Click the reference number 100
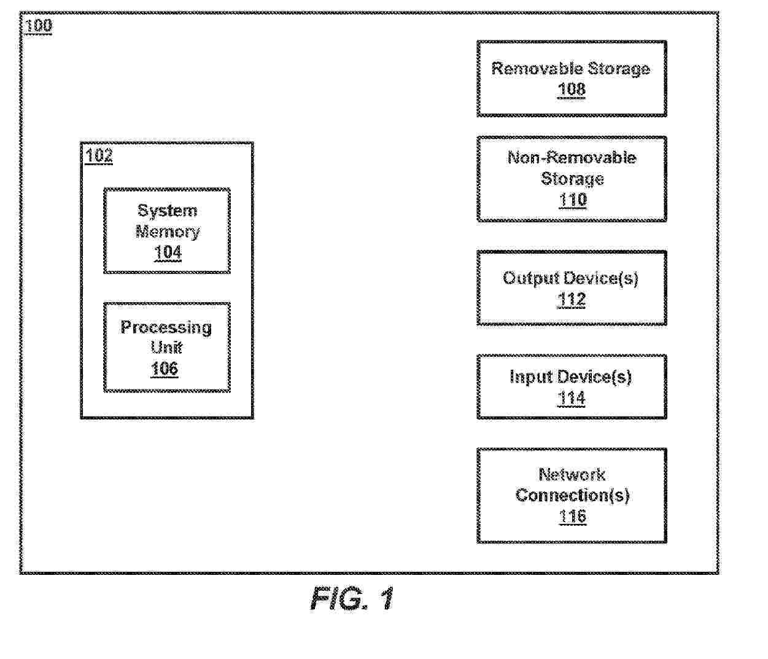point(39,26)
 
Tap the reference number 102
point(99,155)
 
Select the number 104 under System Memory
point(168,252)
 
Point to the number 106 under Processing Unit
point(165,368)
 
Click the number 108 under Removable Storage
point(572,90)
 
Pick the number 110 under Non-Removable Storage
point(573,200)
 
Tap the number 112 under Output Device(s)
point(572,300)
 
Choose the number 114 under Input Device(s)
point(572,399)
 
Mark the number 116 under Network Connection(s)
point(572,517)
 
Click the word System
point(167,211)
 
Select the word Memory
point(168,232)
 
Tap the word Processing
point(166,327)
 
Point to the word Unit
point(166,348)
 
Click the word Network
point(572,475)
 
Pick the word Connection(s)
point(572,496)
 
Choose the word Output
point(531,279)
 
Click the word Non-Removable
point(572,158)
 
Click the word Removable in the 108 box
point(537,69)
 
